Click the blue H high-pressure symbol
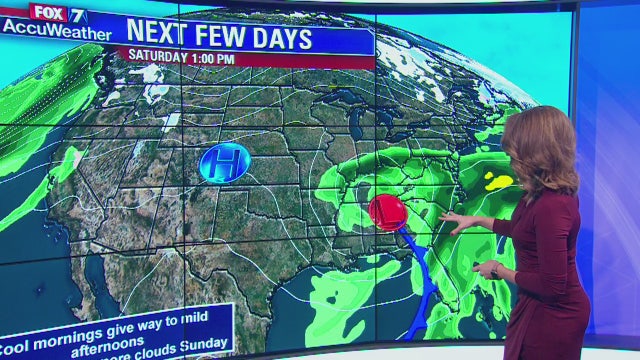pos(224,162)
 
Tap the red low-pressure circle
pos(387,212)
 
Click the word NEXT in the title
pos(161,38)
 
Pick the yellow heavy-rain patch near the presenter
pos(497,181)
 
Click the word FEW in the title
pos(223,38)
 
